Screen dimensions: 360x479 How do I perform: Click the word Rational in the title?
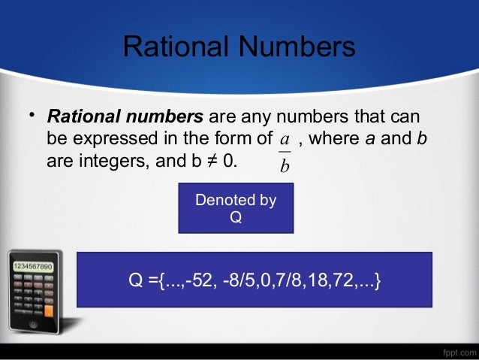point(175,47)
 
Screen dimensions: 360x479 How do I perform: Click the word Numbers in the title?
point(297,47)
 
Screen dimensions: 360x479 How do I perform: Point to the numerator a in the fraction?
point(285,139)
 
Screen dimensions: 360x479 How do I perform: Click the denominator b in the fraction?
point(285,165)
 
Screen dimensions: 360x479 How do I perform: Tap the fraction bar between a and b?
point(285,153)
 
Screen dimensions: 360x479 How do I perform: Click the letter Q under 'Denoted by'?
point(236,217)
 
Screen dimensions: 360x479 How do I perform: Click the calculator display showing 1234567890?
point(31,267)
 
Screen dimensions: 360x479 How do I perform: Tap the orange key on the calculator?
point(50,309)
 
